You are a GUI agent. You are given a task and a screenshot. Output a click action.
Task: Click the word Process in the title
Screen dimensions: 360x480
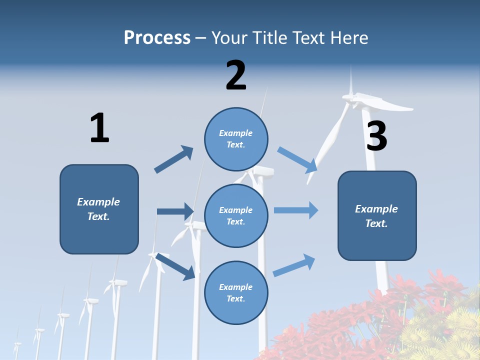coord(157,38)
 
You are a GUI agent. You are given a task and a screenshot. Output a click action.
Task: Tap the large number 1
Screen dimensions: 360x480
coord(99,128)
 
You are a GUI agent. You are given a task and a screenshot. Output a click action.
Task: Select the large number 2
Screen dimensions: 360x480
coord(236,75)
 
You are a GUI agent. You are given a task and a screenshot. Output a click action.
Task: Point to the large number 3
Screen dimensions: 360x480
coord(376,136)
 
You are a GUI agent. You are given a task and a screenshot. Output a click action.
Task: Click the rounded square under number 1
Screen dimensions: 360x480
coord(99,209)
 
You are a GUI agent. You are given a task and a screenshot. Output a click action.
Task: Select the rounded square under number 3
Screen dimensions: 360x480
coord(377,216)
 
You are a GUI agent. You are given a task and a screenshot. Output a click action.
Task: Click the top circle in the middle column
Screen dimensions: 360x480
coord(236,139)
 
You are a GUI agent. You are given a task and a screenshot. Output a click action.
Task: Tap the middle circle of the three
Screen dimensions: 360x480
coord(236,216)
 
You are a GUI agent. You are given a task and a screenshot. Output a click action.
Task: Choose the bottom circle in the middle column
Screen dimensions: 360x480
coord(236,293)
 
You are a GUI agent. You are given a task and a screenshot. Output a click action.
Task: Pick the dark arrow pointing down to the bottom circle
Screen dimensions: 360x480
coord(175,266)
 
